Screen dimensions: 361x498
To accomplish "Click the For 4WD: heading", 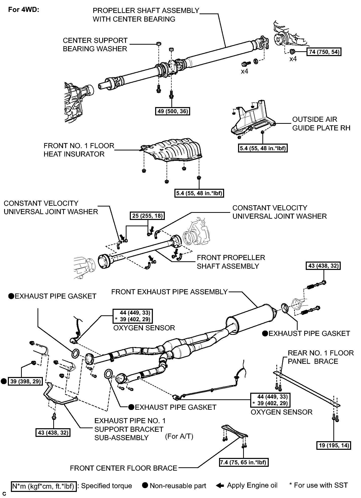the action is [24, 10].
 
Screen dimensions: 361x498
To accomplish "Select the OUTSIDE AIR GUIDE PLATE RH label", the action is [321, 124].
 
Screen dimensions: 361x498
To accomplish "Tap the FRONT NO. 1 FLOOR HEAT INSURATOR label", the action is [79, 150].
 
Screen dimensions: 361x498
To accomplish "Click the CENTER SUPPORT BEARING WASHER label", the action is [95, 45].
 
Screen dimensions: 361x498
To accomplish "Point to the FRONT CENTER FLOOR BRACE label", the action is [123, 468].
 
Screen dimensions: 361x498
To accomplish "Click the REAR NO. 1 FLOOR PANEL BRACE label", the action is [321, 357].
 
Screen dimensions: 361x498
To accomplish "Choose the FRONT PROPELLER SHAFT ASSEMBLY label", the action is [231, 262].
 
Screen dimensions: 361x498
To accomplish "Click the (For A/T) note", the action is [179, 436].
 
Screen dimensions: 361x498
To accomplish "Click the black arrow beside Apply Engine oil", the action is [220, 486].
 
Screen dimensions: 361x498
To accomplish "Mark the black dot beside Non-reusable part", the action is [145, 485].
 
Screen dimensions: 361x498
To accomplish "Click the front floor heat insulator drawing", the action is [172, 149].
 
